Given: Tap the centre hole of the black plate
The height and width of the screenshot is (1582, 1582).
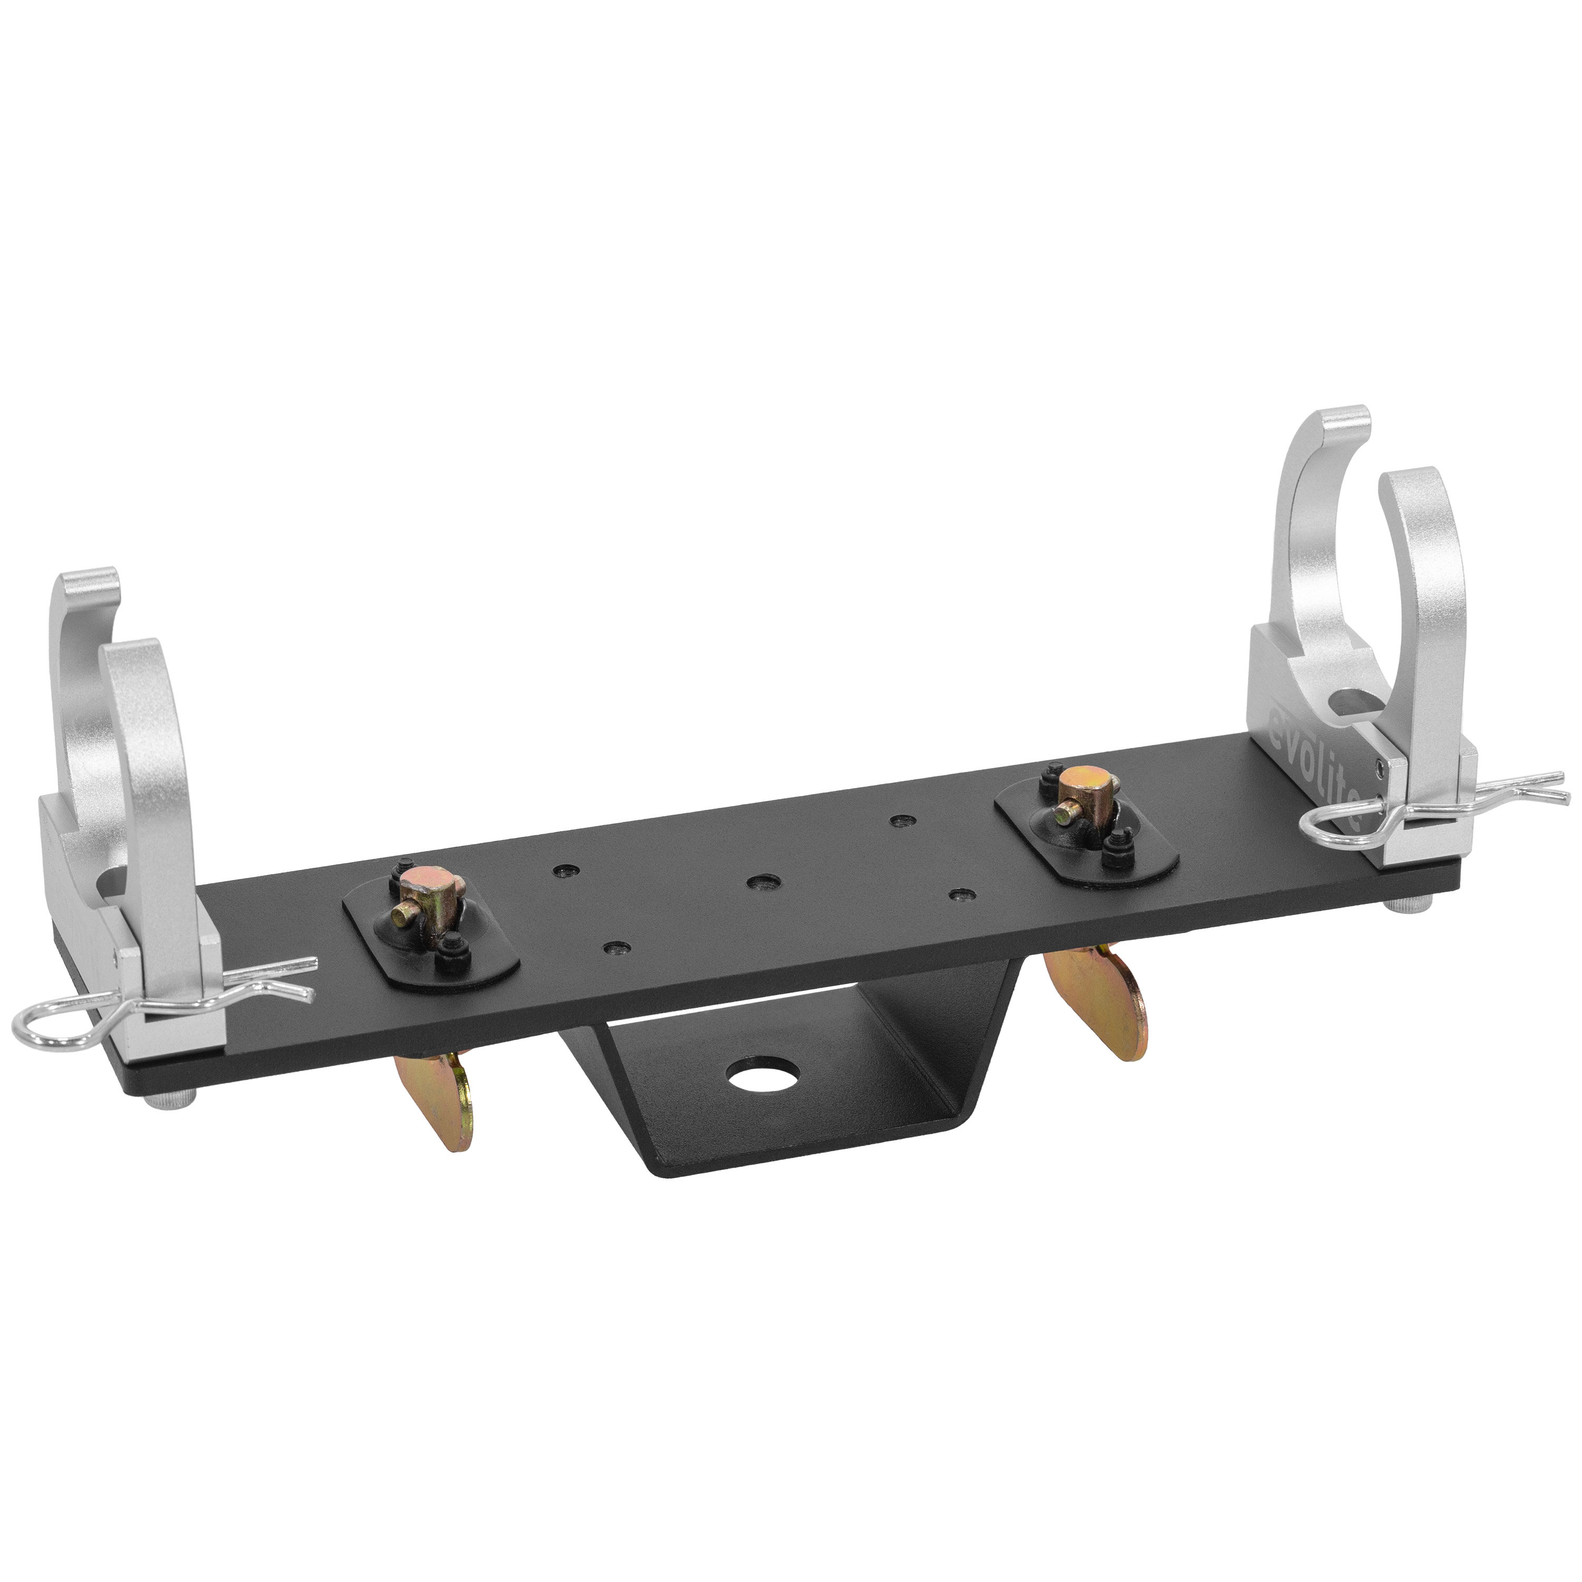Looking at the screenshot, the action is pos(763,882).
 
